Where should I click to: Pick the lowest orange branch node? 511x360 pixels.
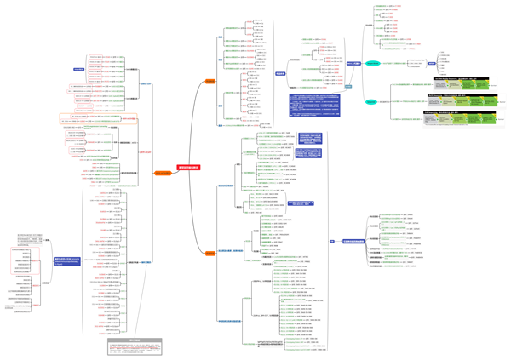coord(210,253)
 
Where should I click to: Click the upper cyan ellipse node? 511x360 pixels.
coord(372,63)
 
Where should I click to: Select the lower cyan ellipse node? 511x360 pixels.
coord(371,102)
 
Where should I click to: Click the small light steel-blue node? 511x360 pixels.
coord(347,86)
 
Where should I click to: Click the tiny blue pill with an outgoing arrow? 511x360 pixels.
coord(331,242)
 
